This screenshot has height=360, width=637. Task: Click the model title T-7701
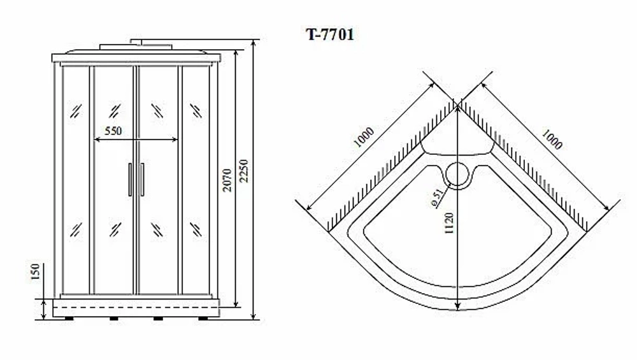(x=330, y=34)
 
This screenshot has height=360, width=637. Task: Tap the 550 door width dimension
(x=113, y=131)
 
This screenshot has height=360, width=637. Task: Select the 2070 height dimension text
(x=227, y=180)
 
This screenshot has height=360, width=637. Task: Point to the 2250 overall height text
(x=244, y=171)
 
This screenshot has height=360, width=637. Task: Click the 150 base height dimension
(x=36, y=271)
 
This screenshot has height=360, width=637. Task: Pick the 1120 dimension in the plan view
(x=449, y=223)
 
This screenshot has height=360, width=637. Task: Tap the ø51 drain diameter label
(x=436, y=198)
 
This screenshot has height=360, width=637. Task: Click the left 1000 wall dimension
(x=363, y=137)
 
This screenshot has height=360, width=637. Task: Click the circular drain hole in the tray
(x=458, y=175)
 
